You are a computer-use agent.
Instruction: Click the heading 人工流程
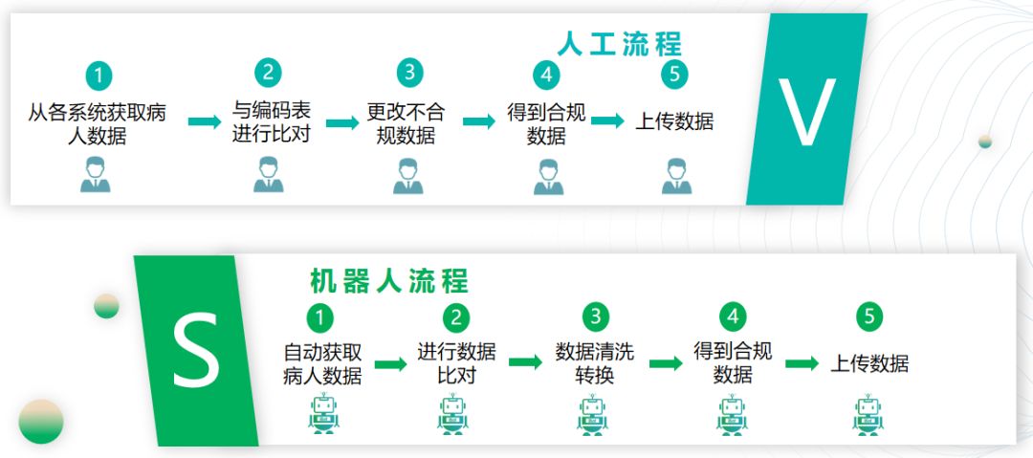620,44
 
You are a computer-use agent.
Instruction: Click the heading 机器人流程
389,281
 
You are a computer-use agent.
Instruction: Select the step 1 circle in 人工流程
98,75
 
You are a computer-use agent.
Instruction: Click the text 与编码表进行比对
272,122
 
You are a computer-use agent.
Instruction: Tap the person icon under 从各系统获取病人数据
96,176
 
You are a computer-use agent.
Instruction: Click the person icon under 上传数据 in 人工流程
674,176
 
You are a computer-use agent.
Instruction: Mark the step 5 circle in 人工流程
674,73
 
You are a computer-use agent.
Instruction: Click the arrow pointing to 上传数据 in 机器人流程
802,363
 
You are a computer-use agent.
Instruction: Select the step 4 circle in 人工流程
545,74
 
